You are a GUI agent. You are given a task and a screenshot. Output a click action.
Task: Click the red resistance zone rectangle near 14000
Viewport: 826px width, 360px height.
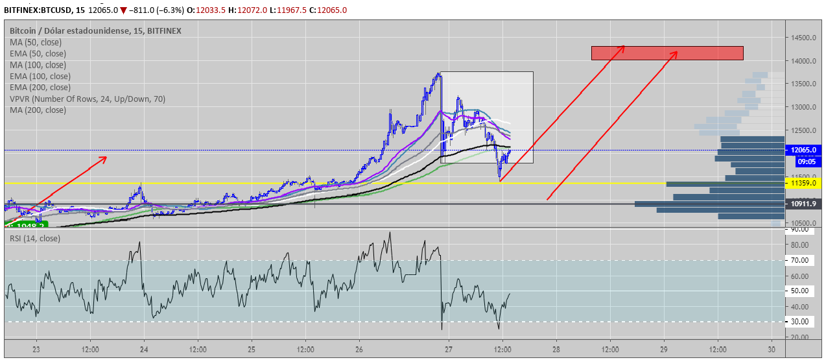click(667, 53)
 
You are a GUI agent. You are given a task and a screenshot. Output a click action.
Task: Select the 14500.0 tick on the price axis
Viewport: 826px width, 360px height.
click(803, 38)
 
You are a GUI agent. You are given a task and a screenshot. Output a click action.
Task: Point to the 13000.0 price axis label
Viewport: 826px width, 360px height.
click(803, 107)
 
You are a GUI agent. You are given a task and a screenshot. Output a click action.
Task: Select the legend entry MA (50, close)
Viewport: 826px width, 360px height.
click(36, 42)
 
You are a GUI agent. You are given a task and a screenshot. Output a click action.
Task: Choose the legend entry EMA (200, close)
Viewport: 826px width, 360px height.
click(40, 88)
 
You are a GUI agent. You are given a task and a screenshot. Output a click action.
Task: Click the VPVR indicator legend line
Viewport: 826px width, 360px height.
click(88, 99)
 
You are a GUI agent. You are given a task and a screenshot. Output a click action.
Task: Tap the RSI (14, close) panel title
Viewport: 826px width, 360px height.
click(35, 239)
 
